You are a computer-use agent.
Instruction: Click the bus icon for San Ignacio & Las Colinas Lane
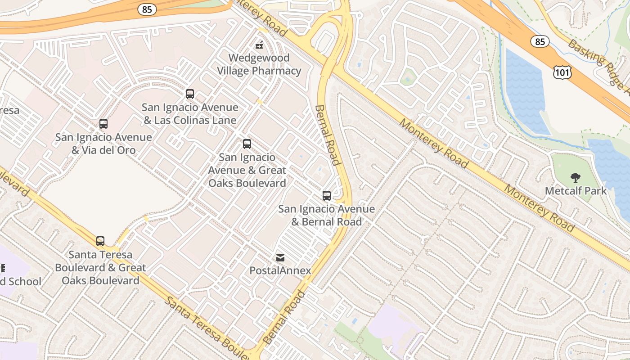coord(190,94)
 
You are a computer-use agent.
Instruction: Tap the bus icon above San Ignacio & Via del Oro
coord(103,124)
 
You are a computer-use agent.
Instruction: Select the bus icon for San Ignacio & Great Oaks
coord(247,144)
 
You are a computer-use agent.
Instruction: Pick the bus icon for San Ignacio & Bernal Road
coord(327,196)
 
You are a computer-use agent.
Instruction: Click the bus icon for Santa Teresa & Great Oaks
coord(100,241)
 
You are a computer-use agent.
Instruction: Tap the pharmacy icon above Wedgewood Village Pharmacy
coord(259,45)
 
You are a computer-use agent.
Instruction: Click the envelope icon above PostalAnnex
coord(280,258)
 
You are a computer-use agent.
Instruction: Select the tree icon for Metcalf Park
coord(575,178)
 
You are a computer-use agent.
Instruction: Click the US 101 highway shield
coord(562,72)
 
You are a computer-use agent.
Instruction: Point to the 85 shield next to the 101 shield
coord(540,42)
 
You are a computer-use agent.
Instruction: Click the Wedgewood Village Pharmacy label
coord(259,64)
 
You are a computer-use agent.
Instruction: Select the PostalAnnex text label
coord(280,270)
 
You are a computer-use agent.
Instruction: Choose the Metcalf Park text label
coord(576,191)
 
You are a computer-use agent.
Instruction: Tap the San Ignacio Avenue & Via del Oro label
coord(103,144)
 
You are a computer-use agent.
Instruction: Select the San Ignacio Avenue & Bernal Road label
coord(327,215)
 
